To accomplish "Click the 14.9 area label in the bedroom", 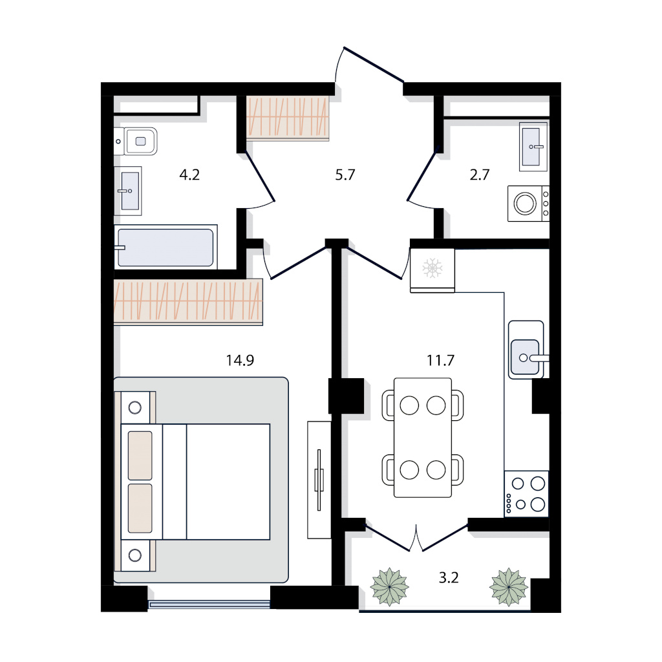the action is (x=240, y=360).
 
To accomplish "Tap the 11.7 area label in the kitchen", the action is (x=440, y=360).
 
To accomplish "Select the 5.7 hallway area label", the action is (x=345, y=175).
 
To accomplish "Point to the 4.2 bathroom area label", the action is (x=189, y=175).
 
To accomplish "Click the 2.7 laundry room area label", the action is (x=480, y=175).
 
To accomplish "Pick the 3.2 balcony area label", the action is (x=449, y=577).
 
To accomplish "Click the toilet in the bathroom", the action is (x=136, y=142).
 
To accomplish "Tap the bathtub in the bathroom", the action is (x=165, y=248).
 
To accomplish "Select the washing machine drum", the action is (x=525, y=204).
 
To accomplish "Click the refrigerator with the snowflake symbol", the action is (x=432, y=270).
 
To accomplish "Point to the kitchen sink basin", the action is (x=525, y=357).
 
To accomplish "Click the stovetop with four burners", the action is (x=526, y=493).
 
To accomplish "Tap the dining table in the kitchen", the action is (x=423, y=438).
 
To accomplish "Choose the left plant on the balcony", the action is (x=389, y=587).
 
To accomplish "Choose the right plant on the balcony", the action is (x=509, y=587).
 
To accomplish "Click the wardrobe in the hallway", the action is (x=288, y=118).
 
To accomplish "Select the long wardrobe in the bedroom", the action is (x=188, y=301).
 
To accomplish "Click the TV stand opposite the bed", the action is (x=319, y=480).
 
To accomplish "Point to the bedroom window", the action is (x=209, y=604).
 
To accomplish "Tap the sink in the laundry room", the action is (x=533, y=147).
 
